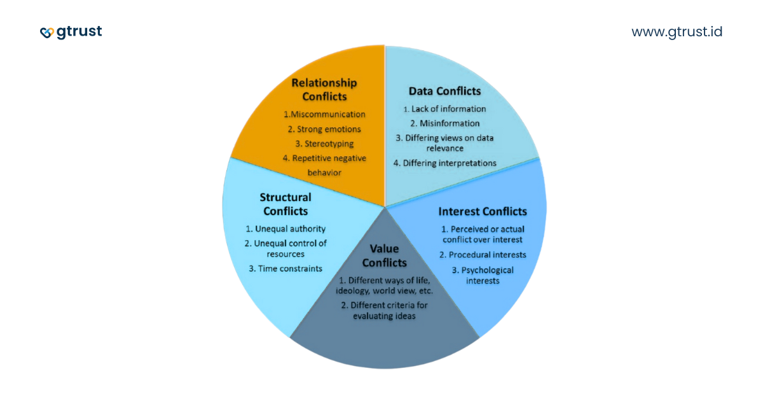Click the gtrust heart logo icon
47,32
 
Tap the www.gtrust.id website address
677,32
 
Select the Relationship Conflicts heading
324,90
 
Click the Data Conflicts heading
444,91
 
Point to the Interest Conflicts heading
483,211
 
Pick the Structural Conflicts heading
285,204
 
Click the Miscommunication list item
324,115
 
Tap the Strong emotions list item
324,129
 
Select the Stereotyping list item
324,144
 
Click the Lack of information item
444,109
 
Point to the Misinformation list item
444,123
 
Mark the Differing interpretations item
444,163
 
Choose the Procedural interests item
483,255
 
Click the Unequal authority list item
285,229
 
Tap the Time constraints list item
285,268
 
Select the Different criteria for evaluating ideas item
384,310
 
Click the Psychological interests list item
483,275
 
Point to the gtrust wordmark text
79,32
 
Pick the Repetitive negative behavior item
324,165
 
